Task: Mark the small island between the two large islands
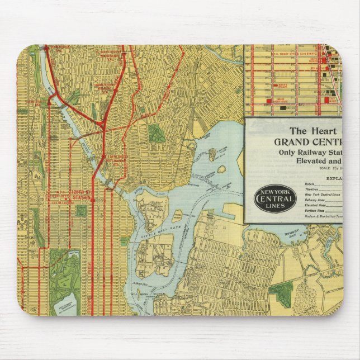tap(177, 215)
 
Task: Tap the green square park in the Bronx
tap(156, 132)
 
